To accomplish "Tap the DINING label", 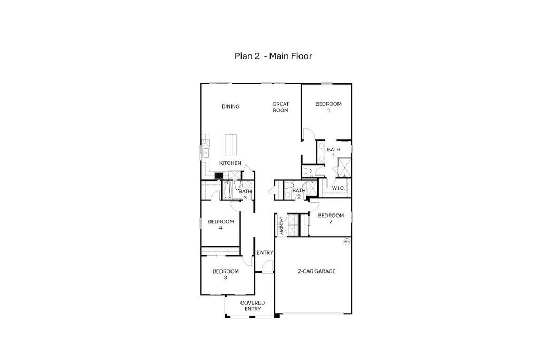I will [x=230, y=106].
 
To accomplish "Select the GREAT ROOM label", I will [x=281, y=107].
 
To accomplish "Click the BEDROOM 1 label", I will [x=329, y=107].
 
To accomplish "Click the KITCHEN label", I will [x=230, y=163].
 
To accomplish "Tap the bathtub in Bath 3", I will [x=227, y=190].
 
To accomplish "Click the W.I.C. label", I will [x=338, y=188].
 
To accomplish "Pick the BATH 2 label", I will [x=299, y=193].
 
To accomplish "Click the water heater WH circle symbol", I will [x=346, y=242].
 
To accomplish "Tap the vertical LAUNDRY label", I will [x=282, y=226].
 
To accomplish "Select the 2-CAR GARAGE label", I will [x=316, y=271].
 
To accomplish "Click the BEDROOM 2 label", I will [x=331, y=218].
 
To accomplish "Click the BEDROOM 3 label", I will [x=226, y=274].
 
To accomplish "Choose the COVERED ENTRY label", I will [x=253, y=306].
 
